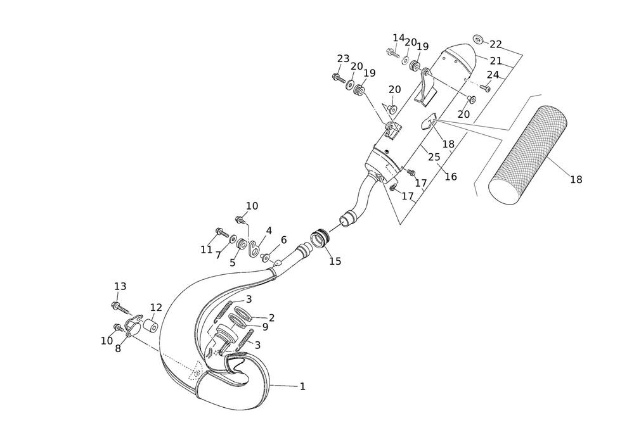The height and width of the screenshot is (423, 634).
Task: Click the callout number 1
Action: [x=302, y=387]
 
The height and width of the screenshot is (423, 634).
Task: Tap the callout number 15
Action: [x=335, y=262]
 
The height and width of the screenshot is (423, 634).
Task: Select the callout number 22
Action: [x=496, y=44]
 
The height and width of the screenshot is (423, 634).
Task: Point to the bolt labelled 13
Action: [x=120, y=308]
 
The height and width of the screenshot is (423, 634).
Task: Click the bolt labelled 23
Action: [x=338, y=78]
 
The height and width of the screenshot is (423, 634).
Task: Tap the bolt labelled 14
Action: [x=392, y=53]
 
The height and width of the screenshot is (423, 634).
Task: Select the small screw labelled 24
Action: [x=485, y=87]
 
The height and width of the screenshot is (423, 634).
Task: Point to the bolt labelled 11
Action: [x=223, y=233]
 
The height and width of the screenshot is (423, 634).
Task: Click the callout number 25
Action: [x=434, y=157]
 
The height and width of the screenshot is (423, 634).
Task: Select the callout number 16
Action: [x=451, y=177]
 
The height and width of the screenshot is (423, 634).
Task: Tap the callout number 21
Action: [x=496, y=61]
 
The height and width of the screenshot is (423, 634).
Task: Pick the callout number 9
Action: [x=265, y=327]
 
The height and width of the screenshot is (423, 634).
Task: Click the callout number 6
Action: [x=283, y=240]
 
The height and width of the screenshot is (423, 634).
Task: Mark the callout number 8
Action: [x=118, y=349]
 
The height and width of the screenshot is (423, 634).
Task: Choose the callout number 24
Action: [x=493, y=75]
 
